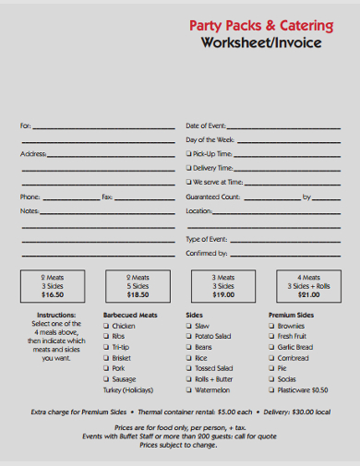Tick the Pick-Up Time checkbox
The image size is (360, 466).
pyautogui.click(x=189, y=154)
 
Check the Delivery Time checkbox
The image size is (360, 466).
pyautogui.click(x=189, y=168)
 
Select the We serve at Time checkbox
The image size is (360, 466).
pyautogui.click(x=189, y=183)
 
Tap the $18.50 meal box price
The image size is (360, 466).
pyautogui.click(x=138, y=295)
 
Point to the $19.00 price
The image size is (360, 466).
pyautogui.click(x=223, y=295)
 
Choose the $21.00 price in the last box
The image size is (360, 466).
pyautogui.click(x=308, y=295)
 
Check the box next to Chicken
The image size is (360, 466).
pyautogui.click(x=106, y=326)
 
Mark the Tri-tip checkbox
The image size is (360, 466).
pyautogui.click(x=106, y=347)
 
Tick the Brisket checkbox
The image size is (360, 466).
pyautogui.click(x=106, y=357)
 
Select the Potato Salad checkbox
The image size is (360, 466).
pyautogui.click(x=189, y=336)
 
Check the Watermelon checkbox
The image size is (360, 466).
pyautogui.click(x=189, y=389)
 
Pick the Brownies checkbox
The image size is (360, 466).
pyautogui.click(x=272, y=326)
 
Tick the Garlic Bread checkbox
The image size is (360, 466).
pyautogui.click(x=272, y=347)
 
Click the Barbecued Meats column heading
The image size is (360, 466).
pyautogui.click(x=130, y=315)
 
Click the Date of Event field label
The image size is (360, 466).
pyautogui.click(x=207, y=125)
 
